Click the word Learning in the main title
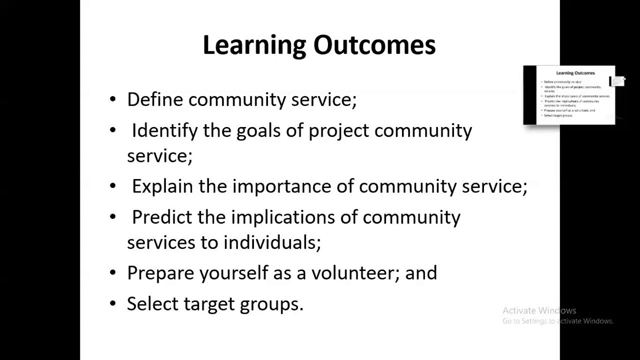tap(254, 45)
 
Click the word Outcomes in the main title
tap(374, 45)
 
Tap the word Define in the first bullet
tap(155, 99)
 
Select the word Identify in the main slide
tap(164, 131)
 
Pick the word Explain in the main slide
tap(162, 186)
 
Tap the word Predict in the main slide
tap(162, 217)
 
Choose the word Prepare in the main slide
tap(160, 273)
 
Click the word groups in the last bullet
tap(270, 304)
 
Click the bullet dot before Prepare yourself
tap(113, 273)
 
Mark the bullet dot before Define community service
tap(113, 99)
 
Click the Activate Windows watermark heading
tap(539, 310)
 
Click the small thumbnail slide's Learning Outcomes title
tap(575, 73)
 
